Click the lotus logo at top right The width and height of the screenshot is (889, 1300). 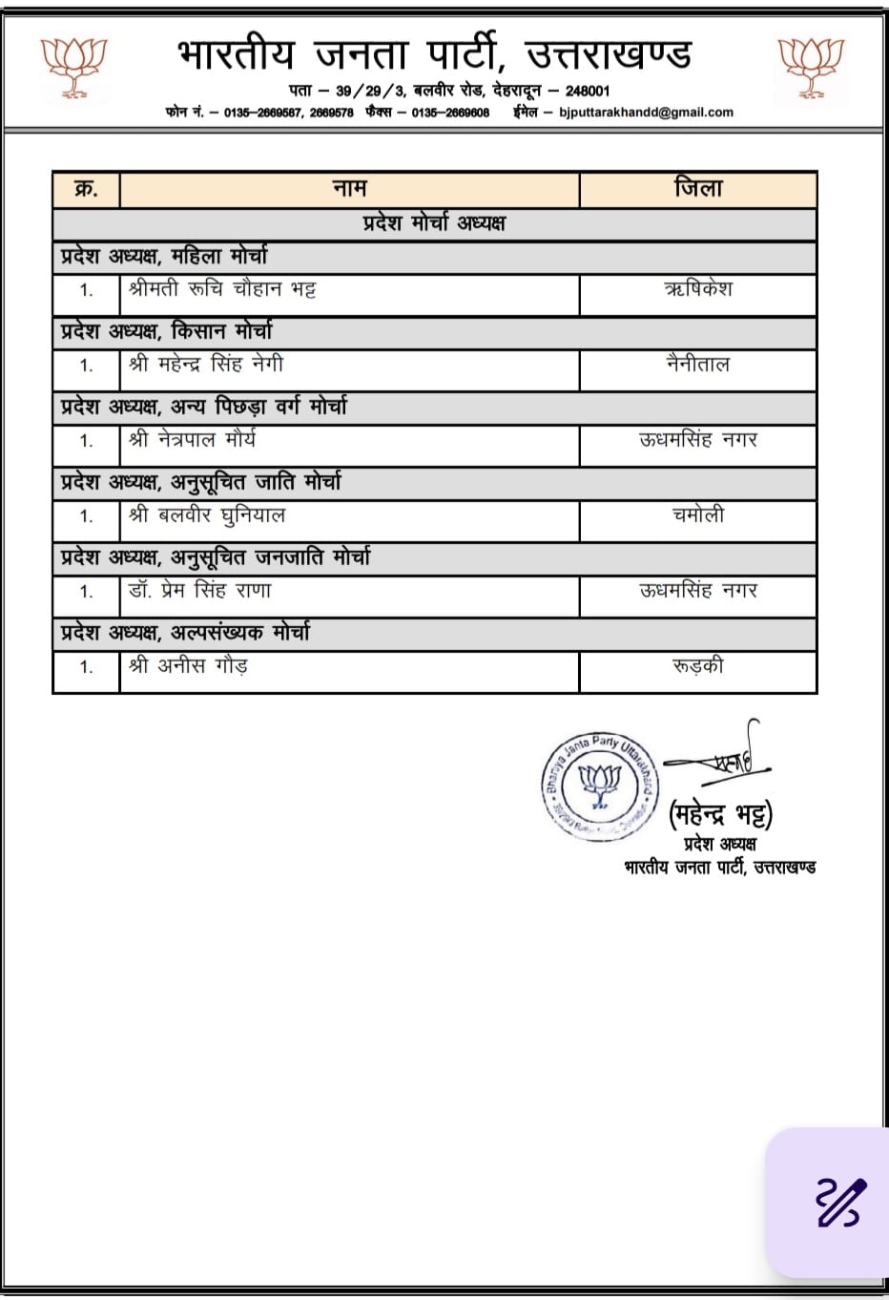point(811,67)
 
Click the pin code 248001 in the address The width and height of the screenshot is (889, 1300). point(588,91)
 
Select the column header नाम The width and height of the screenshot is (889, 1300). point(350,189)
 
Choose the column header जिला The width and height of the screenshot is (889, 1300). point(698,189)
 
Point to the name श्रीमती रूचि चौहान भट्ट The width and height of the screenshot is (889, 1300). point(222,289)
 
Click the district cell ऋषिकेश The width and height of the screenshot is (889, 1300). point(698,289)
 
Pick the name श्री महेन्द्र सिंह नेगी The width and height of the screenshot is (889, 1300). point(206,365)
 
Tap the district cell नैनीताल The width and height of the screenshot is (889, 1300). point(698,365)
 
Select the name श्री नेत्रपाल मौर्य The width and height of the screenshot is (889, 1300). point(193,440)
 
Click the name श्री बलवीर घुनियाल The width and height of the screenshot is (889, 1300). point(207,515)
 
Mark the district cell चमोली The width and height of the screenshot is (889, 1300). point(698,515)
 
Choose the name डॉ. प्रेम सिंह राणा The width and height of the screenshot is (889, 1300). point(200,591)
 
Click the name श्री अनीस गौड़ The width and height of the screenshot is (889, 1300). point(189,666)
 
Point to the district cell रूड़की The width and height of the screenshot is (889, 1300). point(698,666)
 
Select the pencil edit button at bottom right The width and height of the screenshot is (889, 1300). point(840,1202)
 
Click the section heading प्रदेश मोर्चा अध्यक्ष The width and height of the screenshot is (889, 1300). point(434,223)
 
